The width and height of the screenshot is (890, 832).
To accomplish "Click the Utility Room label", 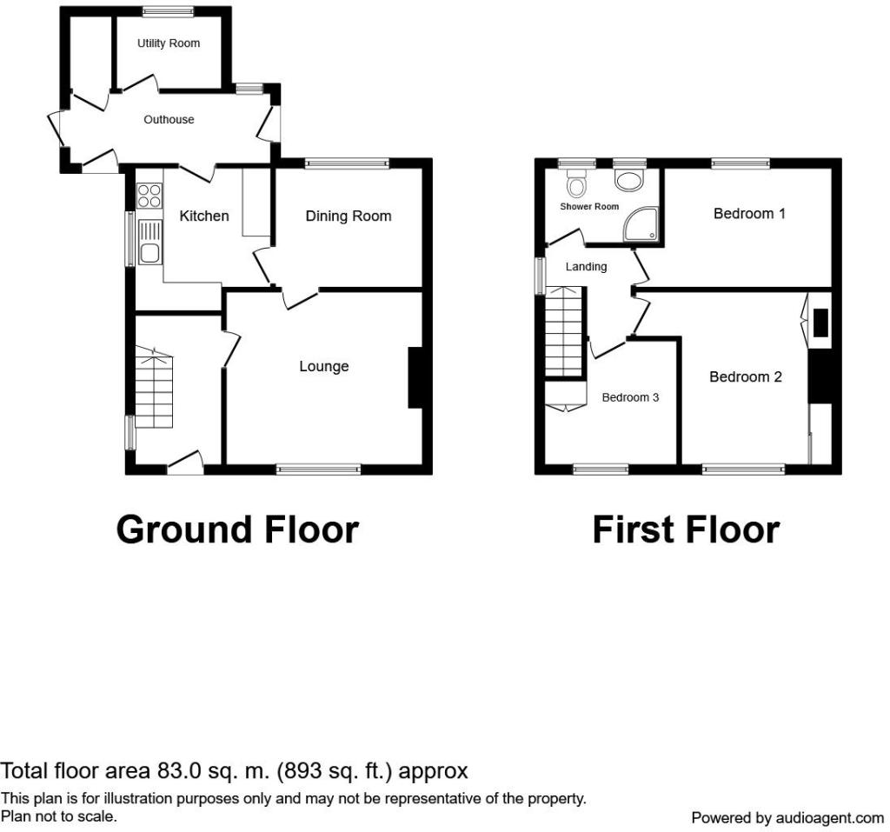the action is [169, 43].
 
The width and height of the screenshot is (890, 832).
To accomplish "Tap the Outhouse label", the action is [169, 119].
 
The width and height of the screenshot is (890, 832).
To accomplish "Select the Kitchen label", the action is [203, 216].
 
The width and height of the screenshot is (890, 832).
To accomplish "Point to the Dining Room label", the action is [349, 216].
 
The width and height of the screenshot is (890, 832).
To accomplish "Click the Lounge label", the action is [324, 366].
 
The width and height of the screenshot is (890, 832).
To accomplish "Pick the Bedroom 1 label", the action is [749, 214].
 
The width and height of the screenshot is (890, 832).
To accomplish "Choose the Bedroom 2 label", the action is [746, 376].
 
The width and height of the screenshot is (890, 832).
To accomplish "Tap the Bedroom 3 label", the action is [630, 397].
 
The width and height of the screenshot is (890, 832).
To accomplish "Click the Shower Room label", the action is [589, 207].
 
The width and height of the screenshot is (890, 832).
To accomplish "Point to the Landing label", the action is [586, 266].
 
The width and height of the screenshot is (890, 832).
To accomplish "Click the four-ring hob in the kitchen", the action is [149, 196].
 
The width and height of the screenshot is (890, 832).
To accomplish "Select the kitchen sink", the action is [149, 243].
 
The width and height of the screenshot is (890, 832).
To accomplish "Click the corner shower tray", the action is [642, 225].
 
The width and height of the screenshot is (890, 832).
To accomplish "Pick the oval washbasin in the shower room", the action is [629, 180].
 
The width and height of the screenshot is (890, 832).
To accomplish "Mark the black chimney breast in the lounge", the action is [415, 377].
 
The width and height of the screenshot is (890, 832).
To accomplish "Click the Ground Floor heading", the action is [237, 529].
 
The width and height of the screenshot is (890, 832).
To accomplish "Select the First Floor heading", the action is [686, 529].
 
